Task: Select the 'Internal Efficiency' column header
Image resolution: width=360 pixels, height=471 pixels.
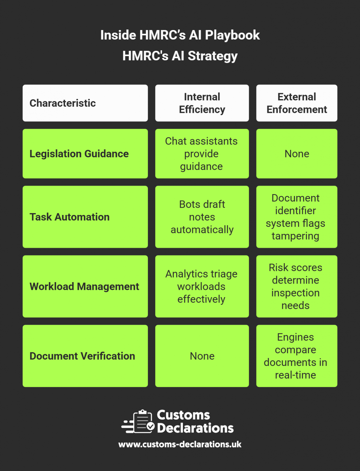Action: coord(202,103)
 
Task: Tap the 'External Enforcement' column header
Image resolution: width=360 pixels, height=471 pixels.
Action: coord(297,103)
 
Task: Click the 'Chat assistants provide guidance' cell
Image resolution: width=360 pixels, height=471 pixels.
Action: coord(202,154)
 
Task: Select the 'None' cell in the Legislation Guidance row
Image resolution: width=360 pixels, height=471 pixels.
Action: coord(297,154)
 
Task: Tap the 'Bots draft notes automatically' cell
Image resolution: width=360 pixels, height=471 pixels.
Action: coord(202,217)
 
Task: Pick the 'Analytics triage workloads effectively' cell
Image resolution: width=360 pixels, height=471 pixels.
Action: coord(202,286)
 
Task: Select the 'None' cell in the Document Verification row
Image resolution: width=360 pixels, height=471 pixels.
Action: coord(202,356)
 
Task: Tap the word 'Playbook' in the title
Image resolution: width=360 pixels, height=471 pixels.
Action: coord(232,35)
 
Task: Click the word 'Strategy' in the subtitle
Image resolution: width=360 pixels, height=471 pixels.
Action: coord(213,56)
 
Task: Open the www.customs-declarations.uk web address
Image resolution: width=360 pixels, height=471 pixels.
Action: coord(180,444)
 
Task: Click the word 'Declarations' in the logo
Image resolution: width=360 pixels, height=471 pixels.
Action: coord(195,428)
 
